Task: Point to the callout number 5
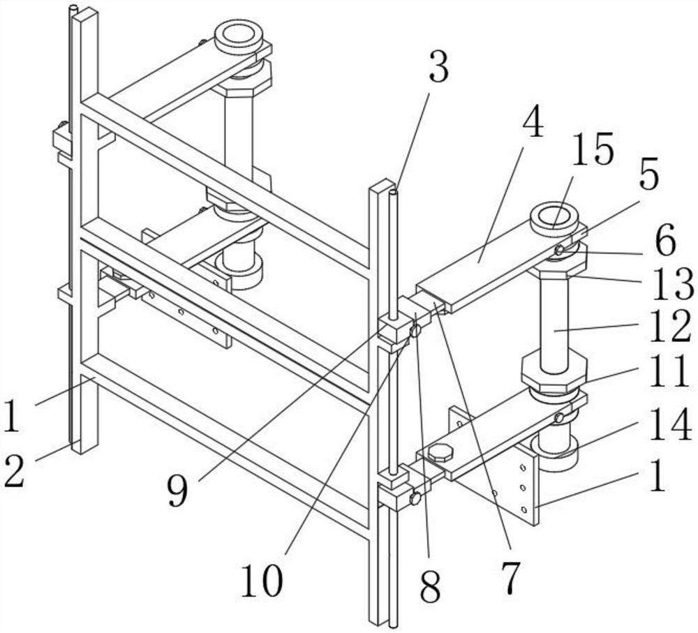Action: coord(649,177)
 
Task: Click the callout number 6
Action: coord(665,243)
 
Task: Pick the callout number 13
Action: coord(671,284)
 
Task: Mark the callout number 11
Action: coord(671,375)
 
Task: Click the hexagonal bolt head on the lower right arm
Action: coord(440,452)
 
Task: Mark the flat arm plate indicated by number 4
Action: coord(489,269)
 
